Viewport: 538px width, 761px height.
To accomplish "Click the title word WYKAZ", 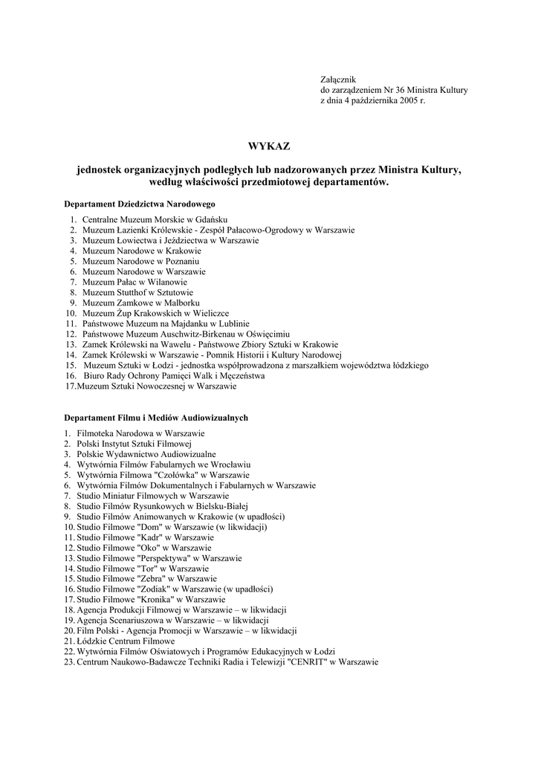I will coord(269,146).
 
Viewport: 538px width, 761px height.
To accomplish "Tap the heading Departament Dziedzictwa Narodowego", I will coord(140,204).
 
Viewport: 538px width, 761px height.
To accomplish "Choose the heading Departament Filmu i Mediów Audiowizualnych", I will coord(156,418).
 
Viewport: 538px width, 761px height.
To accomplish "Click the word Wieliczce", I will coord(209,314).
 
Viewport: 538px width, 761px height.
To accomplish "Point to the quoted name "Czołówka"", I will coord(177,475).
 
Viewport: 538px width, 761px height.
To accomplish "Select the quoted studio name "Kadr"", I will coord(151,537).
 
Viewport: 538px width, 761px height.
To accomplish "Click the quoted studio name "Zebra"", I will coord(152,579).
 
